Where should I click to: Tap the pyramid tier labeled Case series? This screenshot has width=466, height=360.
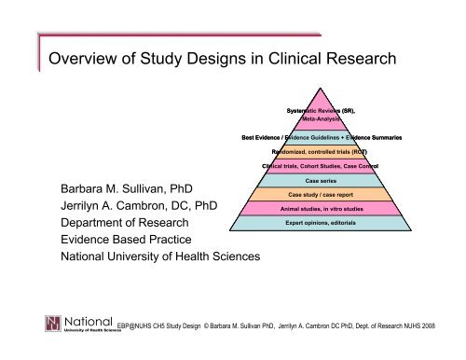321,179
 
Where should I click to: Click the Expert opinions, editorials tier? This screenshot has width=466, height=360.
321,224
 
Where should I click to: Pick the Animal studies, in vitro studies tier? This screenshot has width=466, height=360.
321,209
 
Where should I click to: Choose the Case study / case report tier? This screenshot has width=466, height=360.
321,194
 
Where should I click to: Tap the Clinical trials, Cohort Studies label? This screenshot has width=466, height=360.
321,166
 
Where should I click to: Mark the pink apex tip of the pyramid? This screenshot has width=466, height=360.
321,90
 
